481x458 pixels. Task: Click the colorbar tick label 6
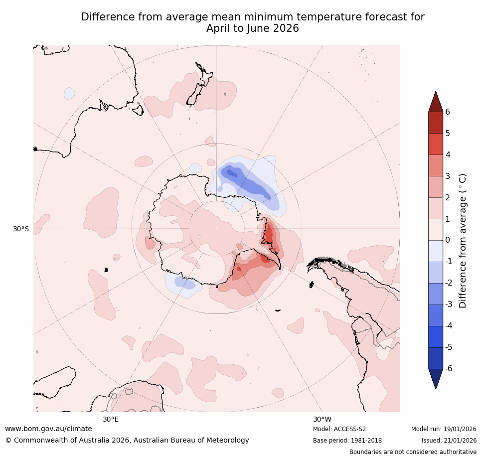pyautogui.click(x=447, y=112)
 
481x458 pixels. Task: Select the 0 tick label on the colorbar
pyautogui.click(x=447, y=240)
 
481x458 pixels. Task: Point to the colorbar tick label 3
pyautogui.click(x=447, y=176)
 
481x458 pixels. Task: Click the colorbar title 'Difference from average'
pyautogui.click(x=463, y=241)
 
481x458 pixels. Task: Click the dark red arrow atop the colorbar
pyautogui.click(x=436, y=102)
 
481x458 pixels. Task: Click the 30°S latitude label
pyautogui.click(x=21, y=229)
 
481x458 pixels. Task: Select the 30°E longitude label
pyautogui.click(x=111, y=419)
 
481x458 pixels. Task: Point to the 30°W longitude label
pyautogui.click(x=322, y=419)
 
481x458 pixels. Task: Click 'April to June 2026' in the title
pyautogui.click(x=253, y=29)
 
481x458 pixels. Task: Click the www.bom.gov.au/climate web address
pyautogui.click(x=48, y=429)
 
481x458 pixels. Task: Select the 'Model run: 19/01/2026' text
pyautogui.click(x=444, y=429)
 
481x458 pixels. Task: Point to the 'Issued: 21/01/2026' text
pyautogui.click(x=449, y=441)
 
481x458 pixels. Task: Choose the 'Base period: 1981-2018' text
pyautogui.click(x=347, y=441)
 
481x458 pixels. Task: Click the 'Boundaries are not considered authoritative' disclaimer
pyautogui.click(x=413, y=452)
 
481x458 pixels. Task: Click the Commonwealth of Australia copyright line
pyautogui.click(x=127, y=441)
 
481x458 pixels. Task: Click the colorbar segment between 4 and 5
pyautogui.click(x=436, y=144)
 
